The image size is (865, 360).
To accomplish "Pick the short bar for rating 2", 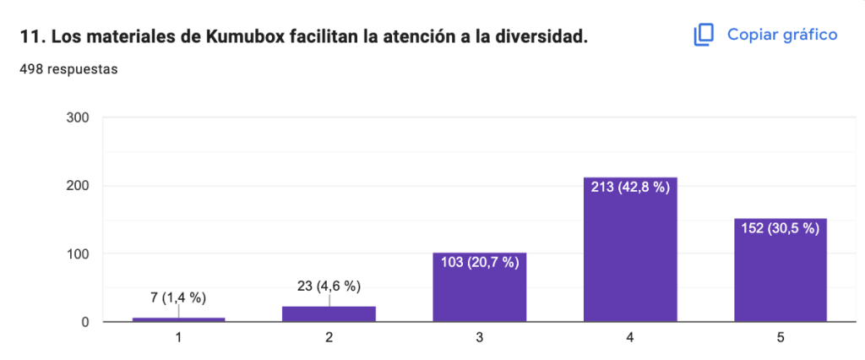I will [329, 314].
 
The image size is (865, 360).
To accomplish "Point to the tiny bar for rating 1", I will [178, 319].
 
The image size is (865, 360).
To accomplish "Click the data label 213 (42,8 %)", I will [629, 188].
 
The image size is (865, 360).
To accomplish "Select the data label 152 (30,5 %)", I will [780, 229].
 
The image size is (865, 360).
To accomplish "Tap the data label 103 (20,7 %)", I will [479, 263].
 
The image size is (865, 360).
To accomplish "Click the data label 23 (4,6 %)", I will [329, 286].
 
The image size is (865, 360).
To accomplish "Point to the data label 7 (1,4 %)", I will [178, 297].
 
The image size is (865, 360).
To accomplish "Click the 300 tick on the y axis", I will [79, 117].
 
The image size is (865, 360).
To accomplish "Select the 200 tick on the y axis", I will [79, 186].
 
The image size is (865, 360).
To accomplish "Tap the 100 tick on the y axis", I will [79, 254].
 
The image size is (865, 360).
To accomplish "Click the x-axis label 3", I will [479, 338].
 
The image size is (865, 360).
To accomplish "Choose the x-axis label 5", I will [780, 338].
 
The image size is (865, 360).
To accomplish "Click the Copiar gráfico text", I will [782, 35].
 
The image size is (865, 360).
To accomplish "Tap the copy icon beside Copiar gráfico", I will [704, 35].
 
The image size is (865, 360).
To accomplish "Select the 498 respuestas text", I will [68, 69].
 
